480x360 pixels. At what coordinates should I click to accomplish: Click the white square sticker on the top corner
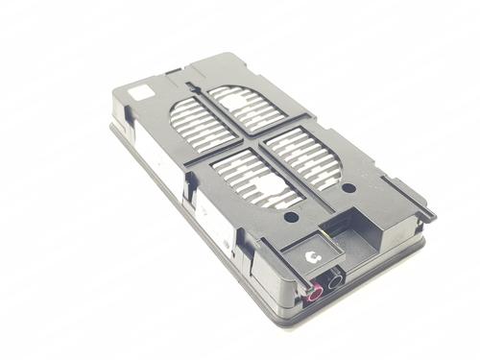(x=140, y=93)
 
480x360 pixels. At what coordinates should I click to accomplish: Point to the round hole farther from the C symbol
(x=348, y=188)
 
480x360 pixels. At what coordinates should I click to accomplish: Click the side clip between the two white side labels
(x=189, y=196)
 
